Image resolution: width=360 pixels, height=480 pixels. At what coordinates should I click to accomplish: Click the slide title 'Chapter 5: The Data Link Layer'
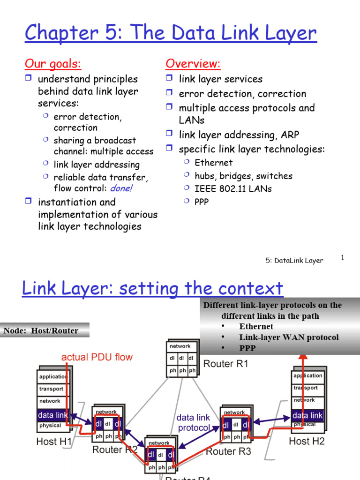click(171, 33)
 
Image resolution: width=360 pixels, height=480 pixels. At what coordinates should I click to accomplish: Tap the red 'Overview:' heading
click(193, 63)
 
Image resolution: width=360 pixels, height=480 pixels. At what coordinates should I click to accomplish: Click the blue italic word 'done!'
click(121, 188)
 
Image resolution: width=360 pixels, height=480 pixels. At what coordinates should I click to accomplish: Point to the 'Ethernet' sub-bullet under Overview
click(213, 163)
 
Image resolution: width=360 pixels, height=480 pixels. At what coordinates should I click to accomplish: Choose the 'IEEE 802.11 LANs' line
click(233, 189)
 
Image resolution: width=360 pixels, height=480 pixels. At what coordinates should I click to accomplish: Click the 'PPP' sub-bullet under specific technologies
click(202, 202)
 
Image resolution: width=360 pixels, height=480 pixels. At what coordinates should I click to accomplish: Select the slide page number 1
click(343, 257)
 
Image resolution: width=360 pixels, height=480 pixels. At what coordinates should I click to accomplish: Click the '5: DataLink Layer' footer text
click(294, 261)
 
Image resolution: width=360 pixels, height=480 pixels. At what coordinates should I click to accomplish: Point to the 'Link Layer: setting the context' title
click(152, 288)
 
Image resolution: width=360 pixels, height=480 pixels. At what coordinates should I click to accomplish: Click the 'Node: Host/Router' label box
click(41, 331)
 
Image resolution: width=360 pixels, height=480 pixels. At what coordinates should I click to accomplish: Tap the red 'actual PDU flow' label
click(97, 357)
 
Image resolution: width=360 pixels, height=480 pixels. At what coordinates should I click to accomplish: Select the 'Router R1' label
click(225, 364)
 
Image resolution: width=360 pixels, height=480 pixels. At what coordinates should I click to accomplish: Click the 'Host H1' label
click(54, 441)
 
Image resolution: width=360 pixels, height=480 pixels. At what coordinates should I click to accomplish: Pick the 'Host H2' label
click(307, 441)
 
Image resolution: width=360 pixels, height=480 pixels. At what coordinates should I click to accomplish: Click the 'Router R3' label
click(228, 451)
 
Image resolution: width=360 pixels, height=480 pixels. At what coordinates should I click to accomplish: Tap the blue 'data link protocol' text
click(193, 422)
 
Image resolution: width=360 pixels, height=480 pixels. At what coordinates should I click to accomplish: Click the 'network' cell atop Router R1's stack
click(180, 346)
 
